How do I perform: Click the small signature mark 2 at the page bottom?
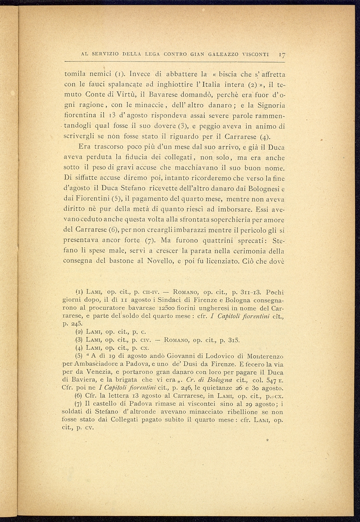pyautogui.click(x=267, y=440)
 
